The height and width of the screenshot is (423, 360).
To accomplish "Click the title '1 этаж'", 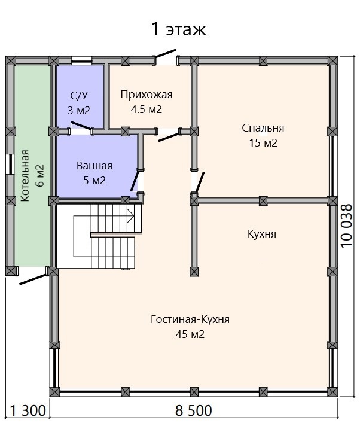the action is [x=179, y=29].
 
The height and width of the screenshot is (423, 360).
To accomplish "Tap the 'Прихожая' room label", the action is [x=147, y=95].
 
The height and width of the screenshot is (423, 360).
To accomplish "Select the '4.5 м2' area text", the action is [x=147, y=109].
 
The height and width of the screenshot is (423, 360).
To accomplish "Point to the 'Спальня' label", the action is [x=263, y=128].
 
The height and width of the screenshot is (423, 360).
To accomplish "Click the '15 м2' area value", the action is [x=263, y=143].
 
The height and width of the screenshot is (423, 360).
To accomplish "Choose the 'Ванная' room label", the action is [x=94, y=166].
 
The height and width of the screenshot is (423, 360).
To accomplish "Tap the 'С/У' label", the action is [x=79, y=96].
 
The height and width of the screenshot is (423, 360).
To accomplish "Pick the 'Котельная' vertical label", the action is [x=25, y=176].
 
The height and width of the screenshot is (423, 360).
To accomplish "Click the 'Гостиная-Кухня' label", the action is [x=190, y=319].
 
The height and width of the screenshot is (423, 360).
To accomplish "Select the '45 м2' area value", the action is [x=190, y=334].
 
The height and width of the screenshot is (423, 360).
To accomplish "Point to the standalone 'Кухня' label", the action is [x=262, y=234].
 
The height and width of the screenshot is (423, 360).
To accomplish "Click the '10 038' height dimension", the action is [x=347, y=226].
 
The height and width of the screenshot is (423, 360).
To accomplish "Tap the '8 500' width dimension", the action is [x=194, y=410].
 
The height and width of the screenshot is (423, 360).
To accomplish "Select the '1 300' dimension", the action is [x=28, y=410].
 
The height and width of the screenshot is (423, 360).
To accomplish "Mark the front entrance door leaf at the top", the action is [x=165, y=53].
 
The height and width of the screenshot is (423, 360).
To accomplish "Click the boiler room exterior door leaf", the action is [x=33, y=279].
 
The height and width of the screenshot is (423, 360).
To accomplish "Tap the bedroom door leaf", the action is [x=200, y=182].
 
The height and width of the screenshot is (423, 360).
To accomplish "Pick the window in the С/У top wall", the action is [x=81, y=60].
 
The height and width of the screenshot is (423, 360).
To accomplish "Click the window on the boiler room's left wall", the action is [x=9, y=164].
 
